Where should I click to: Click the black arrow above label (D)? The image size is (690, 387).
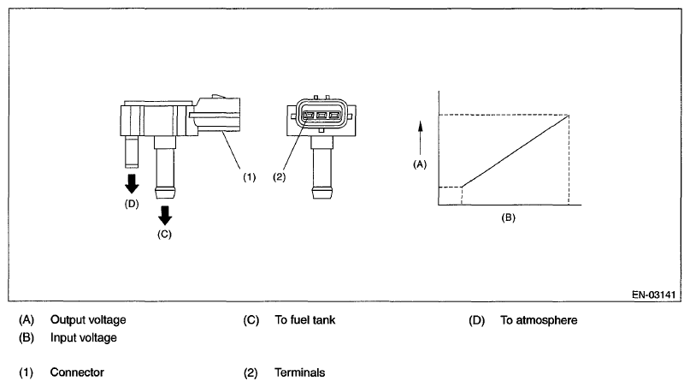tap(132, 183)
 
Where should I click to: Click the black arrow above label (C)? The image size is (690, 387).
tap(164, 212)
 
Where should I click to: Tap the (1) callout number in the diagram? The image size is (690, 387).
tap(248, 177)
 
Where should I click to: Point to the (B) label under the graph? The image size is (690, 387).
tap(508, 217)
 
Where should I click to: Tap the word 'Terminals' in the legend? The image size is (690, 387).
tap(299, 372)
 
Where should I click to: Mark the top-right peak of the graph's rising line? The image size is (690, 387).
tap(569, 116)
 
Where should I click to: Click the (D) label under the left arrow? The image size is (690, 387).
tap(132, 203)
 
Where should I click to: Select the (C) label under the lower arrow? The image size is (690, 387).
tap(164, 233)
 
